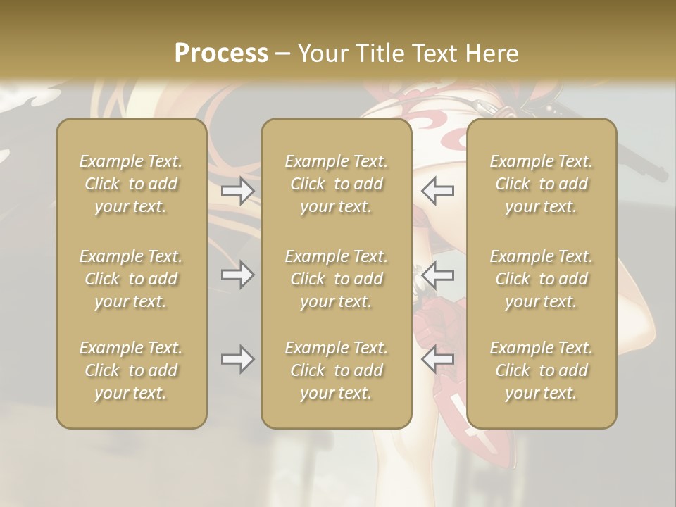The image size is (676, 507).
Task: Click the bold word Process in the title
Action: pos(221,54)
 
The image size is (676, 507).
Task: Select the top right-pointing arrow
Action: pos(237,191)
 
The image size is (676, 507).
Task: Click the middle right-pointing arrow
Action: pos(237,275)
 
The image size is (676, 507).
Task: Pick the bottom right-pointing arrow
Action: pos(237,359)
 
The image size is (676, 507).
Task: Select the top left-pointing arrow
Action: pos(438,191)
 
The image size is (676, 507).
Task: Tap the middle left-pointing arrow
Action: pos(438,275)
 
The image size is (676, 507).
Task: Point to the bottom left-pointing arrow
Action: pos(438,359)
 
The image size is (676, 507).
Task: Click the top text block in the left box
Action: pos(131,184)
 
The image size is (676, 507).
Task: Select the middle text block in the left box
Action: pos(131,279)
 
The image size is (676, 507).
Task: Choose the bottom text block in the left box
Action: pos(131,370)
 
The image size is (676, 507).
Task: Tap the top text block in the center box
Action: pos(336,184)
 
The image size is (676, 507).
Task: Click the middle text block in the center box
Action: pos(336,279)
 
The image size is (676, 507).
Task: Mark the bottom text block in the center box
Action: pos(336,370)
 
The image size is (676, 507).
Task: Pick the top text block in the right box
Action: pos(541,184)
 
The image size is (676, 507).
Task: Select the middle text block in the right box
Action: pos(541,279)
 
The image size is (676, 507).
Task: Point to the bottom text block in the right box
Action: pos(541,370)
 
